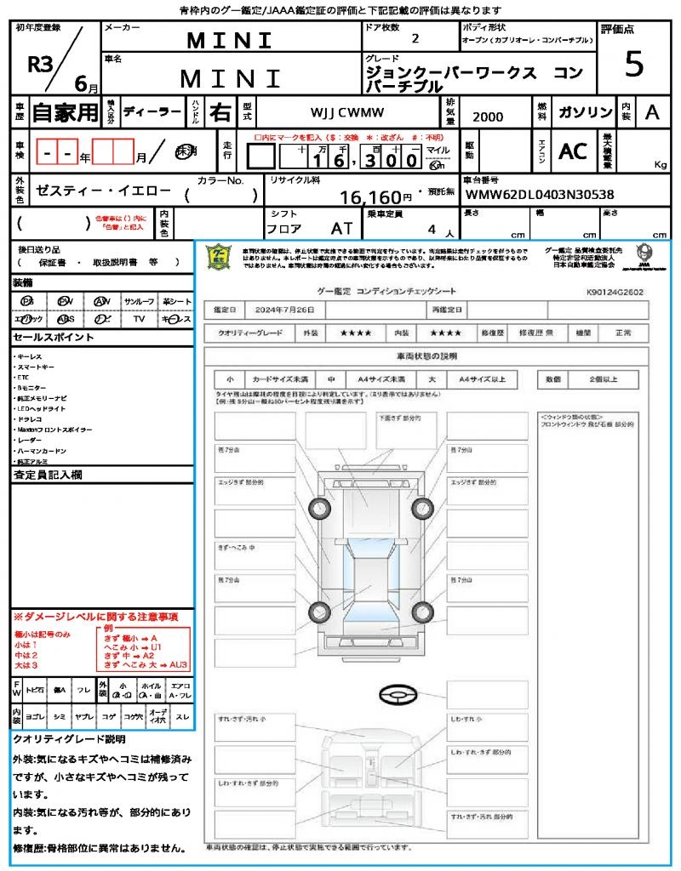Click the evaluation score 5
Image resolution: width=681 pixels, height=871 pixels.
pyautogui.click(x=633, y=65)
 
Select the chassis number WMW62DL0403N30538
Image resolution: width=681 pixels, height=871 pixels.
pyautogui.click(x=539, y=196)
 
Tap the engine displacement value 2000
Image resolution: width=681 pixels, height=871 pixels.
pyautogui.click(x=487, y=117)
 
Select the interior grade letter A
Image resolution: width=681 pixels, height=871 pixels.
pyautogui.click(x=651, y=112)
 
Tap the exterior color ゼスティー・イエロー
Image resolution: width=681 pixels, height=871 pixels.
pyautogui.click(x=91, y=193)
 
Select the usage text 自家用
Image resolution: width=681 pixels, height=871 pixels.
pyautogui.click(x=65, y=112)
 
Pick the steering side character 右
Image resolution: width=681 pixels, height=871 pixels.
pyautogui.click(x=220, y=112)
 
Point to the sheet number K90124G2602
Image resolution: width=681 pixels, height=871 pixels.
pyautogui.click(x=615, y=292)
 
